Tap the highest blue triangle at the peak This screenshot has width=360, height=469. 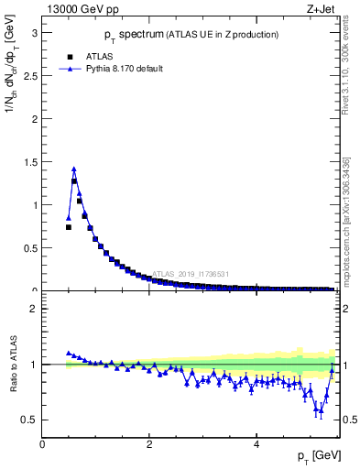point(74,169)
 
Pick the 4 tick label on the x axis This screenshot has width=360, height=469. point(256,443)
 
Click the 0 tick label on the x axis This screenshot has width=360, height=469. point(43,443)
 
